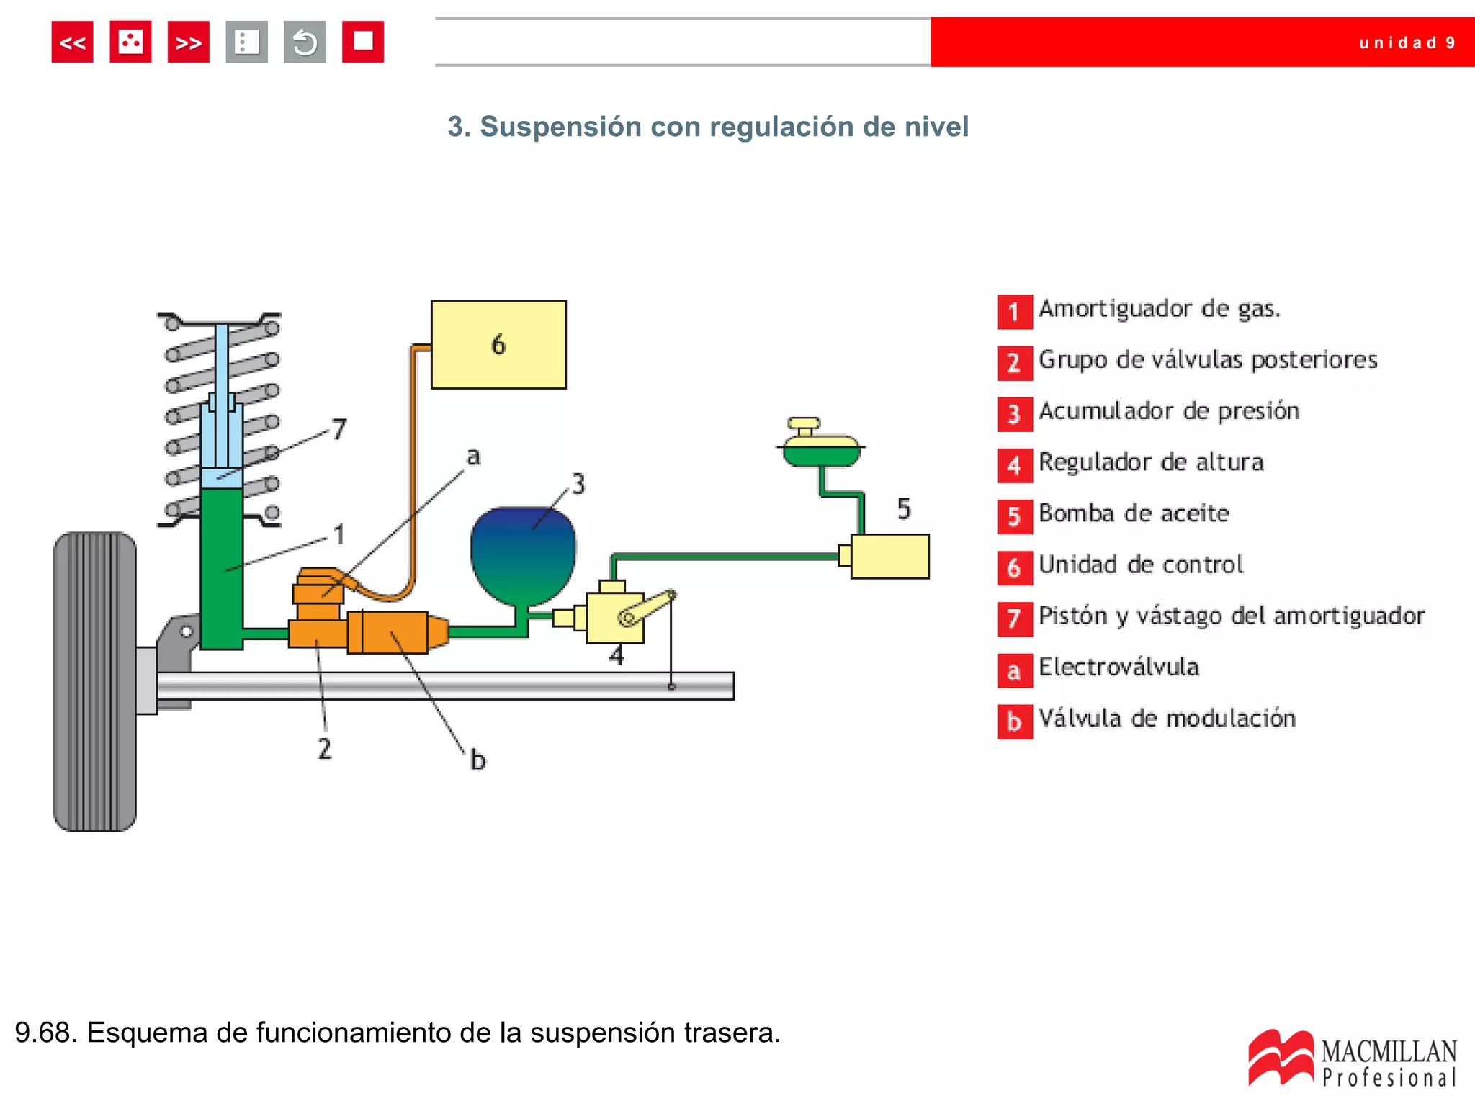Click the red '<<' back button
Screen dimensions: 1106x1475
tap(72, 42)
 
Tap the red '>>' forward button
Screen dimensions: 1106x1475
tap(188, 42)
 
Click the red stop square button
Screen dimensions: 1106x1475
tap(362, 42)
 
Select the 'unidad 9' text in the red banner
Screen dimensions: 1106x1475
tap(1407, 43)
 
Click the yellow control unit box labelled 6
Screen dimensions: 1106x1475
tap(498, 345)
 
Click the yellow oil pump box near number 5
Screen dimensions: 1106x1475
tap(889, 556)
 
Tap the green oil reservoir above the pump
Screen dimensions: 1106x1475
tap(821, 452)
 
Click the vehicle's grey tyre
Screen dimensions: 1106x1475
tap(94, 681)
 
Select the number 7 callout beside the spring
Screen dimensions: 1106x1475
tap(339, 430)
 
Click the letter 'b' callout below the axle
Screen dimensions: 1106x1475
tap(478, 760)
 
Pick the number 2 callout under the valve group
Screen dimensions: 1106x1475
tap(325, 749)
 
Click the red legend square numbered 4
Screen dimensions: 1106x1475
tap(1014, 465)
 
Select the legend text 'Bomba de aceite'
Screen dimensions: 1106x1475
tap(1134, 513)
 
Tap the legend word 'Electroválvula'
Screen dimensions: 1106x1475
tap(1118, 667)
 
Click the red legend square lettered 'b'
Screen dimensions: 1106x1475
tap(1014, 721)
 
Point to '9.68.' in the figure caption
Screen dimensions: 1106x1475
tap(45, 1033)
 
